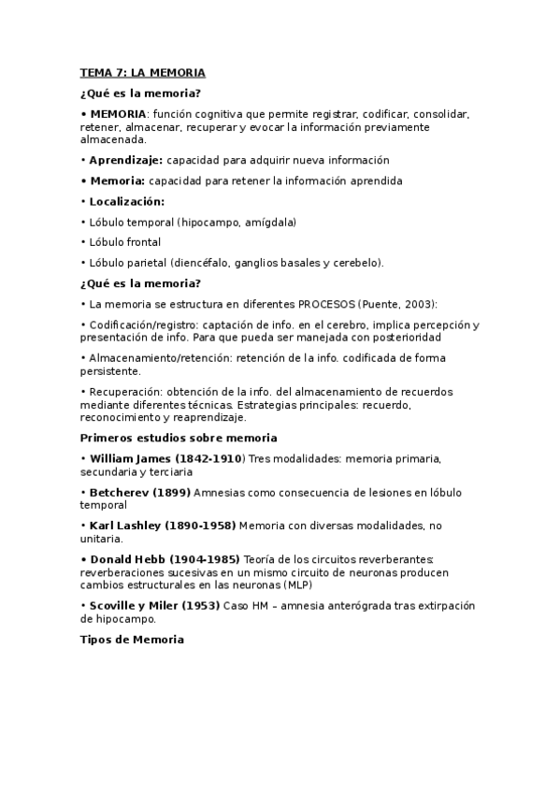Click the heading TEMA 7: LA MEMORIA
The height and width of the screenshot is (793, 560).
pos(142,72)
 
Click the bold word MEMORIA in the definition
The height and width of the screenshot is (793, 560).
pos(118,114)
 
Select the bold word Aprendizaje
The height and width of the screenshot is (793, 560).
pos(125,160)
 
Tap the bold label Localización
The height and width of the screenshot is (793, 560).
pos(126,201)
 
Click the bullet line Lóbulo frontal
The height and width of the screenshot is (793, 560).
pos(121,242)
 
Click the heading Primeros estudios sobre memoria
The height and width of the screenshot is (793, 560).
pos(178,438)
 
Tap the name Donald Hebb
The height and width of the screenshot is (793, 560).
pos(126,559)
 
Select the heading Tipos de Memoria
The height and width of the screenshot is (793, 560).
pos(132,640)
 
